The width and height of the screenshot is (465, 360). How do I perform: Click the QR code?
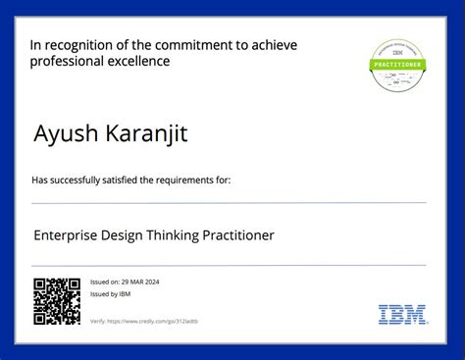(56, 301)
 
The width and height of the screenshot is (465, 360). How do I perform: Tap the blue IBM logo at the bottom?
(402, 315)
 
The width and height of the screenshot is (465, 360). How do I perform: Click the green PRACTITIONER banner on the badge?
(396, 65)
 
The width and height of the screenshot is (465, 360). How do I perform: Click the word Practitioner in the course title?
(238, 235)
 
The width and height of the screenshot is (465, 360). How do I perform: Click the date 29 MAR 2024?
(141, 282)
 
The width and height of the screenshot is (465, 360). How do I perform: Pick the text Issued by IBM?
(110, 293)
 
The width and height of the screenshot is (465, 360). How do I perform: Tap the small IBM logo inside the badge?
(396, 54)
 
